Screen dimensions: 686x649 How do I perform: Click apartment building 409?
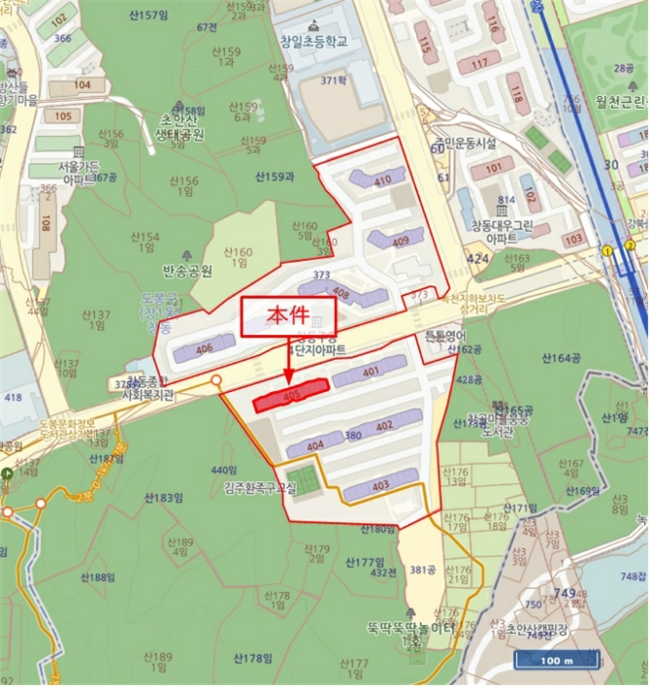point(395,238)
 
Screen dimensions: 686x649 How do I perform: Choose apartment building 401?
point(369,371)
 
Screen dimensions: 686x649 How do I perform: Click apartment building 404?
point(315,446)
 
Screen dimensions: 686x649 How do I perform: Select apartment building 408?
point(330,290)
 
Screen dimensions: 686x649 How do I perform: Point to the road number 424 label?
point(477,259)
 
